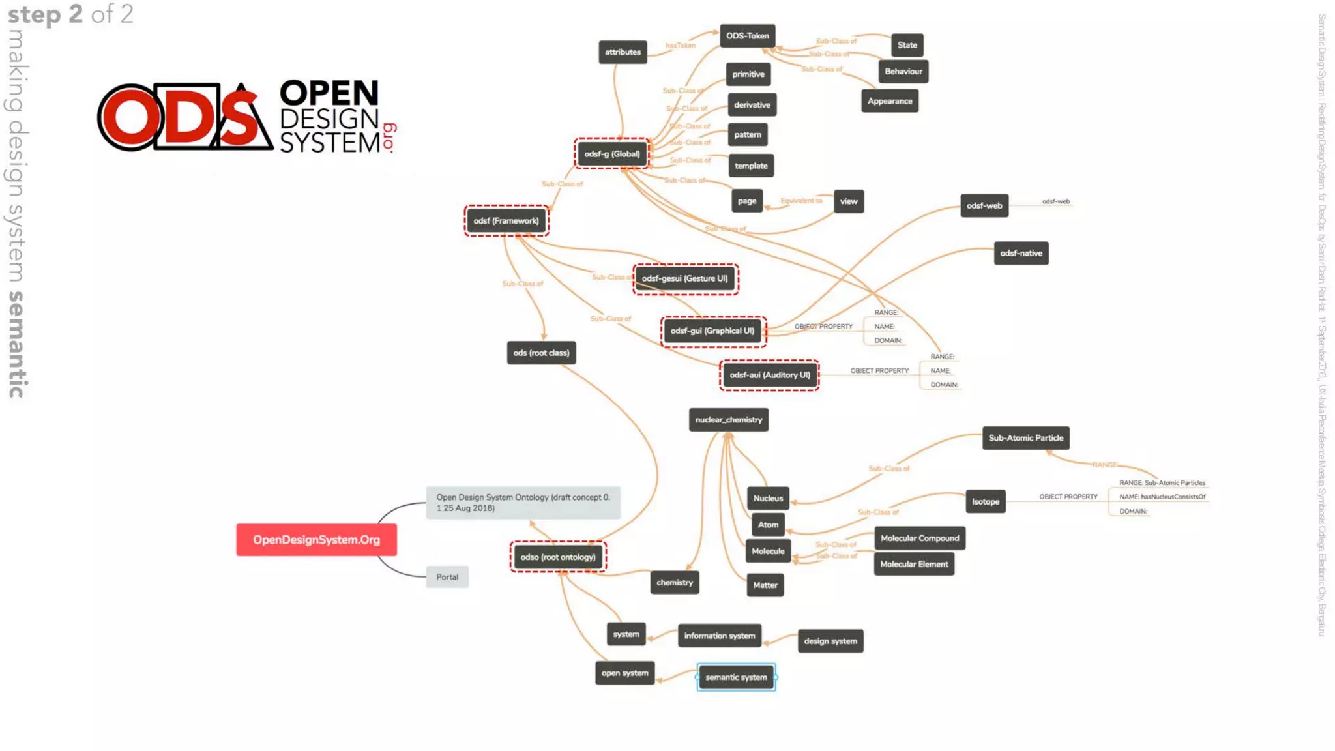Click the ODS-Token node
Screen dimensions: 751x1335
point(747,36)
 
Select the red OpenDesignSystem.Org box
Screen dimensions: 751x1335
point(316,540)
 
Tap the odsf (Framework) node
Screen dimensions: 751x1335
point(506,221)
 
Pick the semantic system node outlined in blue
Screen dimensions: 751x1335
point(736,677)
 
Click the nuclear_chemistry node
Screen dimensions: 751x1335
point(728,420)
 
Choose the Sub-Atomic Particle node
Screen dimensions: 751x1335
point(1025,438)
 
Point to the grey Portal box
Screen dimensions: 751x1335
point(447,577)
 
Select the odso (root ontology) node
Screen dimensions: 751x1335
point(558,557)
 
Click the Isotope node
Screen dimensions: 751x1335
point(985,501)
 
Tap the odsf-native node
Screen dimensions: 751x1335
point(1021,253)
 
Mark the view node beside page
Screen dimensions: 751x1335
point(848,201)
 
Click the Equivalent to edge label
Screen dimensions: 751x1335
point(801,201)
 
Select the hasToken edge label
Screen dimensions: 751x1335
point(680,46)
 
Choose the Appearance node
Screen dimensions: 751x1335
point(889,101)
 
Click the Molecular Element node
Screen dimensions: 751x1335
point(914,564)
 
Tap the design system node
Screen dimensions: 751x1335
point(830,641)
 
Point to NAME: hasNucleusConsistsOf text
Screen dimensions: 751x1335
point(1162,497)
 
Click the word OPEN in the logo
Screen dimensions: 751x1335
point(329,93)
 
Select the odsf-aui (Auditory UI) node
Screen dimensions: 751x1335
point(769,375)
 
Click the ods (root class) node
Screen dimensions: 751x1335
point(541,353)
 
